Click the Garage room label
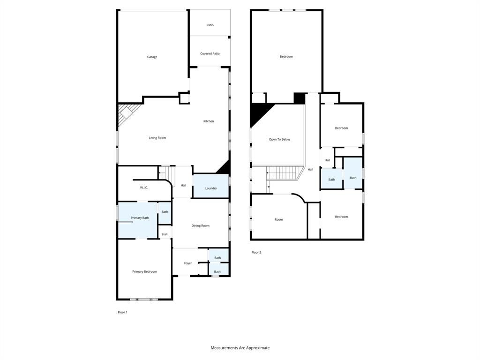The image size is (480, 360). [x=152, y=57]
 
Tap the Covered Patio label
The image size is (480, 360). [x=210, y=53]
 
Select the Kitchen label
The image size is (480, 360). [x=209, y=121]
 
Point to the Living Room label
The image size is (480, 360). [x=157, y=138]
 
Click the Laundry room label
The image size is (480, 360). [x=211, y=188]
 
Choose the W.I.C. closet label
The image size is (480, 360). [x=144, y=187]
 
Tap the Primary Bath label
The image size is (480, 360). [x=140, y=218]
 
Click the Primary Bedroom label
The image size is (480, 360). [x=144, y=272]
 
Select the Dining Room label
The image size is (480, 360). [x=200, y=226]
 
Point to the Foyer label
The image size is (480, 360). [x=188, y=263]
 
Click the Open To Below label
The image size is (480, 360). [x=279, y=139]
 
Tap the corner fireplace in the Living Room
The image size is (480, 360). [x=126, y=114]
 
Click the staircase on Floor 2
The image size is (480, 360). [x=283, y=173]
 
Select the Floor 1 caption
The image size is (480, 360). [x=122, y=312]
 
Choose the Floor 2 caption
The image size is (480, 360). [x=256, y=253]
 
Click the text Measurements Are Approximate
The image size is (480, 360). [x=240, y=348]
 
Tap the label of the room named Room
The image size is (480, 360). [x=279, y=219]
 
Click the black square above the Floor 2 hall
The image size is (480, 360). [x=299, y=98]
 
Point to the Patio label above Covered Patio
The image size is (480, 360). [x=210, y=25]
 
